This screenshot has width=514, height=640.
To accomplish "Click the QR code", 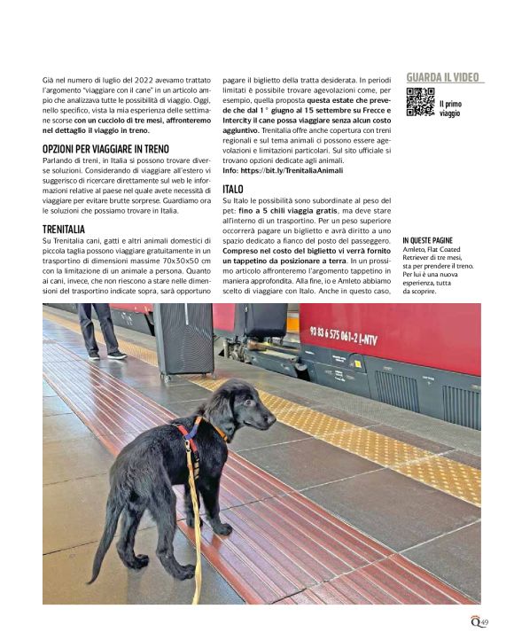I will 420,102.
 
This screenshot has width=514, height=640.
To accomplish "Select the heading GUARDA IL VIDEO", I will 445,77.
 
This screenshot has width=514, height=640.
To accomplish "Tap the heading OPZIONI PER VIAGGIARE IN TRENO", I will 105,149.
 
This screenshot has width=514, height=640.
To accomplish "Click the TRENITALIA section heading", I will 64,230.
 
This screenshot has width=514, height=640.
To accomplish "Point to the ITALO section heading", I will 233,190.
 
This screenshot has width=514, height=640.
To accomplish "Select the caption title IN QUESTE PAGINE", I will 427,240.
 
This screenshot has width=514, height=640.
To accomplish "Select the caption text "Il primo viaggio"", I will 450,108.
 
